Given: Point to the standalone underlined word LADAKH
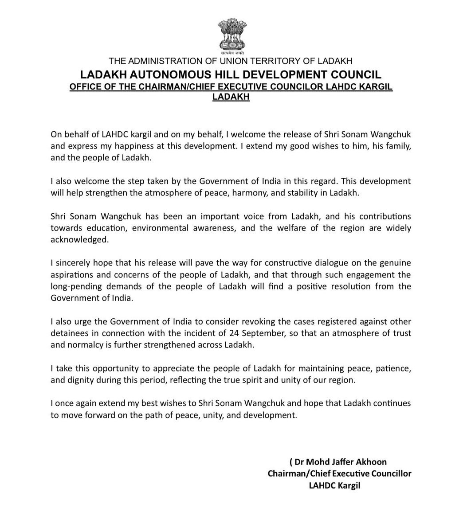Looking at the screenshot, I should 231,98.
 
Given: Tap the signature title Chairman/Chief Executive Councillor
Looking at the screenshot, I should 340,473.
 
